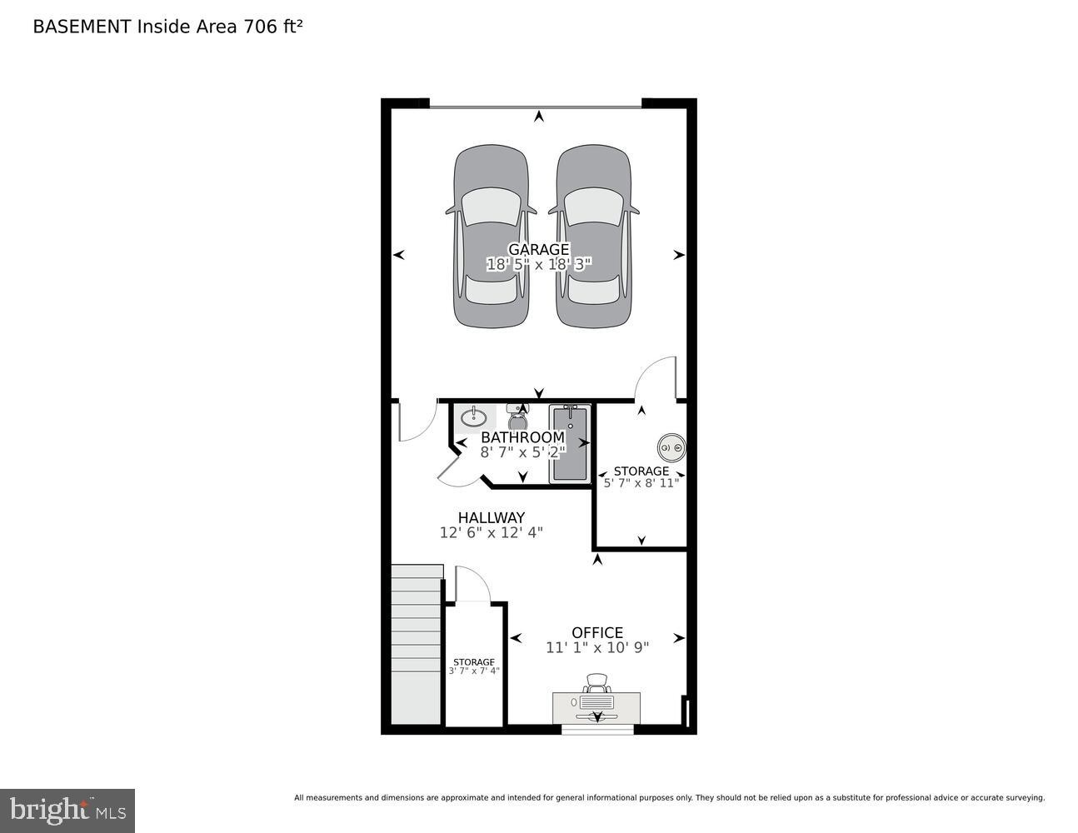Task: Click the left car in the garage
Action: pos(491,237)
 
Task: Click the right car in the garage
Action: pos(592,237)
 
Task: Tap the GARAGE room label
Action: pos(539,249)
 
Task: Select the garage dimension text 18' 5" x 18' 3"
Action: pos(539,265)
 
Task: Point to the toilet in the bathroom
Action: pos(517,414)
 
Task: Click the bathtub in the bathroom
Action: pos(570,443)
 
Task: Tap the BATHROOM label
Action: pos(522,437)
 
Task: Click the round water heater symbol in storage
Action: pos(671,448)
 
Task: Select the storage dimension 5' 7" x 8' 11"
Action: pos(641,482)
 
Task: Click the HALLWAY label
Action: pos(492,517)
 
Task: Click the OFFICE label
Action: pos(597,632)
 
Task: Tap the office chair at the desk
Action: pos(596,684)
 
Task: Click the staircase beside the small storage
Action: pos(416,646)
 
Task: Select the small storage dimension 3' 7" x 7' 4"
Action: pos(474,671)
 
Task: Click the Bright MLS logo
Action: pos(67,811)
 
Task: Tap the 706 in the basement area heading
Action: pos(258,27)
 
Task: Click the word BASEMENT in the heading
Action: pos(82,27)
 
